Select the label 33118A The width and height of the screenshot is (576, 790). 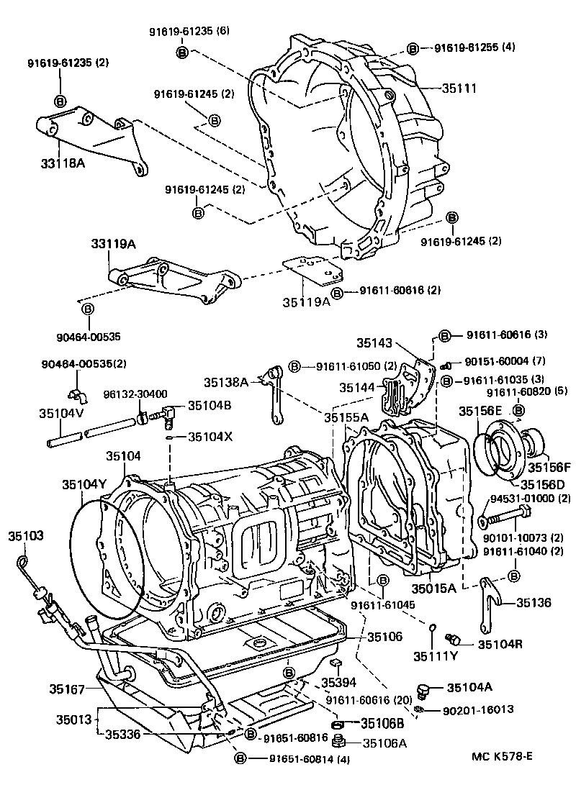63,163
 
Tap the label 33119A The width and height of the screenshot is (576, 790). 113,245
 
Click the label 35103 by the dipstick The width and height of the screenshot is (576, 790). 26,536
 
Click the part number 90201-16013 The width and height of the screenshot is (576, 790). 472,709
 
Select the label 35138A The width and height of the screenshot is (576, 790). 225,382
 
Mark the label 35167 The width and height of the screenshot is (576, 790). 68,689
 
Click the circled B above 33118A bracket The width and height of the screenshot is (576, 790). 60,101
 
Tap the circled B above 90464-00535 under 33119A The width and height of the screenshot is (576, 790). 87,309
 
